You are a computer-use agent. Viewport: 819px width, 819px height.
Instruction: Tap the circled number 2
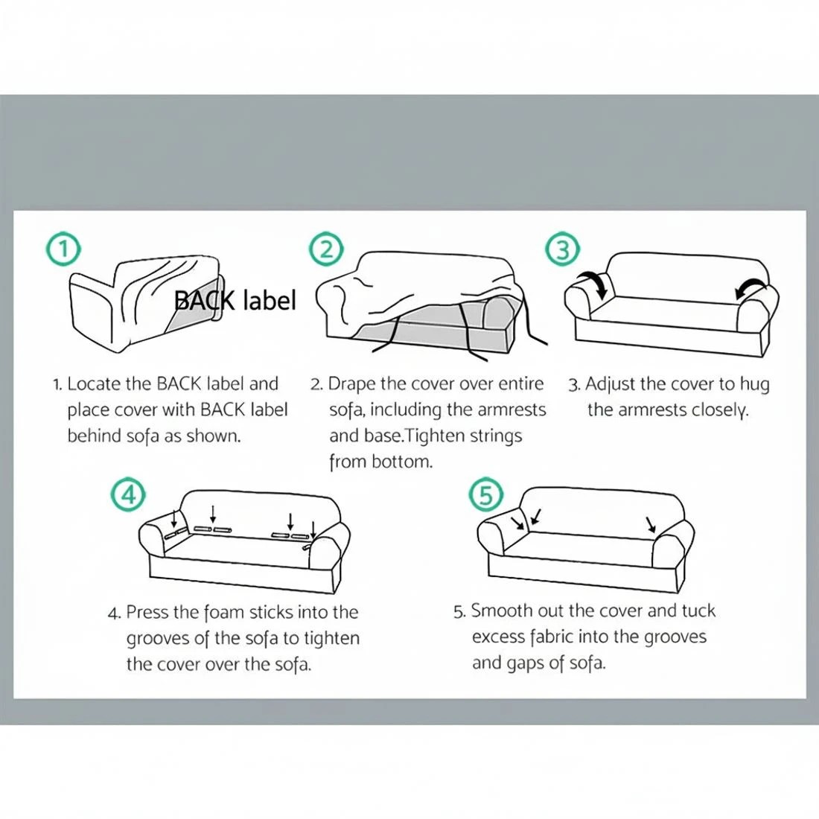[x=326, y=249]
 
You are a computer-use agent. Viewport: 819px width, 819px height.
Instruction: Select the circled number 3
[x=563, y=249]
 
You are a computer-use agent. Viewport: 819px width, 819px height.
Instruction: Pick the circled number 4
[x=127, y=494]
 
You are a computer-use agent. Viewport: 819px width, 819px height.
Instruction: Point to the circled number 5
[x=485, y=494]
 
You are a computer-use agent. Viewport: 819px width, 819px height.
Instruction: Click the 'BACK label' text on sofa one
[x=235, y=300]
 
